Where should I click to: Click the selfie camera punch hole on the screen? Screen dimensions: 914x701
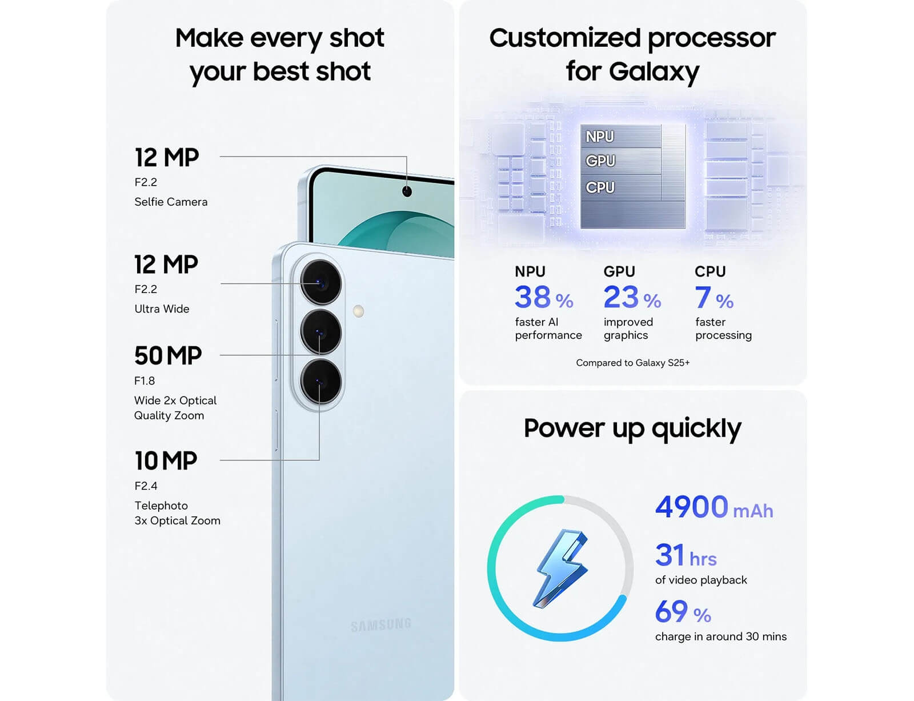406,191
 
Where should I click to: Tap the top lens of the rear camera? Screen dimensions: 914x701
320,282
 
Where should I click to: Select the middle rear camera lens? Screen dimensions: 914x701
320,332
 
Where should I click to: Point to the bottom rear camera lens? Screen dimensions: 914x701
320,382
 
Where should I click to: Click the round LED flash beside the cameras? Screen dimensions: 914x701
358,311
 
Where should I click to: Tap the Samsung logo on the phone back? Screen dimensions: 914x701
380,625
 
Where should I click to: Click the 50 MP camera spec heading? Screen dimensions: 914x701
168,355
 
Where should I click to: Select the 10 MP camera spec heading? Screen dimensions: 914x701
166,460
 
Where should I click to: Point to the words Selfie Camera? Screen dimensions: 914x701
171,202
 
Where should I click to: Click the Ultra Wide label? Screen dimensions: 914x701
162,309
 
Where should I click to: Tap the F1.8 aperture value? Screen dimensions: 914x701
145,380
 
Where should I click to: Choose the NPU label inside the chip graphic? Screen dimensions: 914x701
599,137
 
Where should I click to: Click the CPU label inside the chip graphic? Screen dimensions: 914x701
600,187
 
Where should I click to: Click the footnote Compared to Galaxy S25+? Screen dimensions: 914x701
632,362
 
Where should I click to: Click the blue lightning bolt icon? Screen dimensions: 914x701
561,568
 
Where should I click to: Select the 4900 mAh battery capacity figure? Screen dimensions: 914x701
714,507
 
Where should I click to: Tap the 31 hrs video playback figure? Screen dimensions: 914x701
685,555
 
